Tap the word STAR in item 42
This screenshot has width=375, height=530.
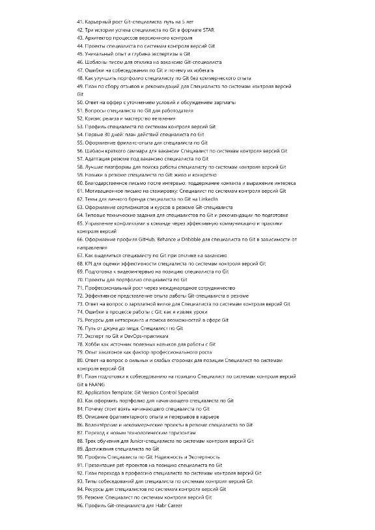pos(211,31)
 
